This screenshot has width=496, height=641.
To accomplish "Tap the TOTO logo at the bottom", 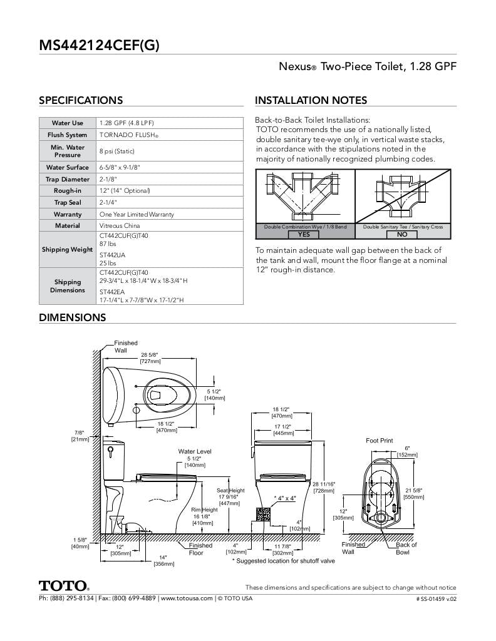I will (x=63, y=586).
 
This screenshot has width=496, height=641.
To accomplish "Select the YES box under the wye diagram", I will (x=304, y=234).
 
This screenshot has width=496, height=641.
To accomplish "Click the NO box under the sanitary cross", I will (x=402, y=234).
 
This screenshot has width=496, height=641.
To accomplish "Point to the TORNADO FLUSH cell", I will (x=128, y=135).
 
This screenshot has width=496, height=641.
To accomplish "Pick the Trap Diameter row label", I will (x=68, y=179).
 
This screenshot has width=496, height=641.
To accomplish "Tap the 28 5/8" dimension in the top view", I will (x=151, y=357).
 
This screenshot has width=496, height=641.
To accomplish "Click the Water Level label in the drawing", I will (x=195, y=451).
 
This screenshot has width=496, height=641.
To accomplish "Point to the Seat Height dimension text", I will (x=230, y=496).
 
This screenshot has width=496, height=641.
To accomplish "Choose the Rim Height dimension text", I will (x=204, y=516).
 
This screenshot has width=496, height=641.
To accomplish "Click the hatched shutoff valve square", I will (x=264, y=513).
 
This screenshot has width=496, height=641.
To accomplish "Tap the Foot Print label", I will (x=380, y=441).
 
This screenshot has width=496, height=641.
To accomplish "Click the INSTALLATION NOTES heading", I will (x=311, y=100).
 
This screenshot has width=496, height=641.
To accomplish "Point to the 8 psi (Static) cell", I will (x=117, y=151).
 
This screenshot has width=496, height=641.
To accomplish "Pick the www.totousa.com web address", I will (x=187, y=598).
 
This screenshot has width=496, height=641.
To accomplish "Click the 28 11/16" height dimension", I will (x=324, y=488).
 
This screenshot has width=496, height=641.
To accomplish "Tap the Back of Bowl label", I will (x=406, y=548).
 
